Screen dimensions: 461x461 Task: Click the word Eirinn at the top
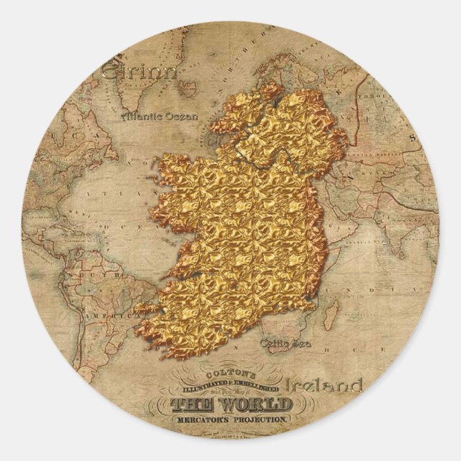(x=139, y=72)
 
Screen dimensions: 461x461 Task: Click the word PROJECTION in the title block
(x=260, y=419)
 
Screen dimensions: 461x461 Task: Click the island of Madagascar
(x=331, y=314)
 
